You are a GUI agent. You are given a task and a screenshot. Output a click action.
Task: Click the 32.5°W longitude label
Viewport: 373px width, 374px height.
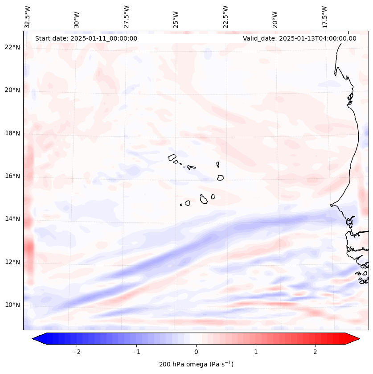tap(28, 16)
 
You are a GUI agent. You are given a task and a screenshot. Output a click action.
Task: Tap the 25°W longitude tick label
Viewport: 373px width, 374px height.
tap(176, 16)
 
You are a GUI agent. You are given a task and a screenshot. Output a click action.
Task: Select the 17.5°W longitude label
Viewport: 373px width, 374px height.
tap(324, 16)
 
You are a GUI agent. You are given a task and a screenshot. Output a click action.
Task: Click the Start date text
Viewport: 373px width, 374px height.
tap(86, 38)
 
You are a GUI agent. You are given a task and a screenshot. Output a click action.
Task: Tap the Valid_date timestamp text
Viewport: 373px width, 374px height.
tap(299, 38)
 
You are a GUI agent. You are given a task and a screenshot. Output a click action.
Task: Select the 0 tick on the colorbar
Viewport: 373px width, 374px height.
tap(196, 351)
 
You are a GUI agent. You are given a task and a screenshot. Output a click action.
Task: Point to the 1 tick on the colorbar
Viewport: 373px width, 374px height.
tap(256, 351)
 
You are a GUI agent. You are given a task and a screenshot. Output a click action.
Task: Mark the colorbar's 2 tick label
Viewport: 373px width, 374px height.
tap(316, 351)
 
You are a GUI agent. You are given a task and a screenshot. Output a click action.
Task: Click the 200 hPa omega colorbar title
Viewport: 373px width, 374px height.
tap(196, 364)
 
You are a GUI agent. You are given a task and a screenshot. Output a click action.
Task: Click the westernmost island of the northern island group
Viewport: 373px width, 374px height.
tap(172, 157)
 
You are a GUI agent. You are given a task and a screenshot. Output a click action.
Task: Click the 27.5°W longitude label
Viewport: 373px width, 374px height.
tap(127, 16)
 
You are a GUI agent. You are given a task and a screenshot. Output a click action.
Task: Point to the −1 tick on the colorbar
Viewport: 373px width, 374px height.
tap(136, 351)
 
